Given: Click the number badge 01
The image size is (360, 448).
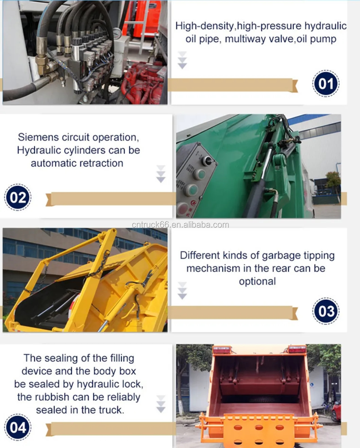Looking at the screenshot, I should [326, 84].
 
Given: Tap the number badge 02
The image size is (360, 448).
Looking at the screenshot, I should [18, 197].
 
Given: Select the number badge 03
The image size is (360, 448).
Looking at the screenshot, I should [326, 311].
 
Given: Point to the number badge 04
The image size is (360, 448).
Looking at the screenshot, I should [18, 427].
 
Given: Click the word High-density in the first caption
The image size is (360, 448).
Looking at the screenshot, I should [204, 26].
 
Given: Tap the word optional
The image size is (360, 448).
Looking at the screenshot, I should [257, 281].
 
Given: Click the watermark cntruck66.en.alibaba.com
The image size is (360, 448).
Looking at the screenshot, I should [180, 225].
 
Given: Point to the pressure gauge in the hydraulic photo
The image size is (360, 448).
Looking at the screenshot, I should [117, 34].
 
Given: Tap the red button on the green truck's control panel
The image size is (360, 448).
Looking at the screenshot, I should [183, 208].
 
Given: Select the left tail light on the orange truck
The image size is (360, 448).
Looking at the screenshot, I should [221, 350].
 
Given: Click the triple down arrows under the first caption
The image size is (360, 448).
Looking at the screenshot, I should [182, 60].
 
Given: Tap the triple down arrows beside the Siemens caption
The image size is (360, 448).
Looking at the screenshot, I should [161, 174].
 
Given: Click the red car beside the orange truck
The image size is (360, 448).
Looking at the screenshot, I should [336, 411].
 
